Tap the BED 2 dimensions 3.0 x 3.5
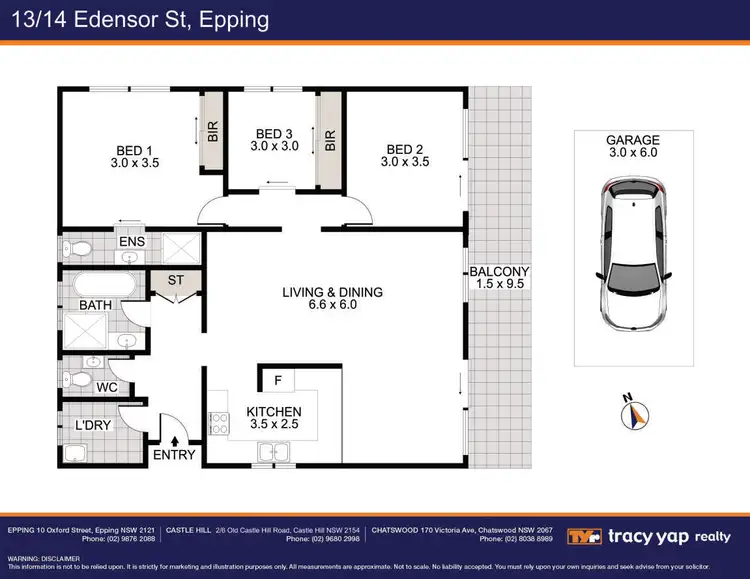tap(406, 163)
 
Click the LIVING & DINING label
tap(333, 292)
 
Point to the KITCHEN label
tap(274, 412)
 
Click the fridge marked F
tap(277, 381)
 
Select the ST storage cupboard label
tap(175, 280)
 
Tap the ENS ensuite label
tap(132, 242)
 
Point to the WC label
tap(108, 386)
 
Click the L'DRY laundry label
tap(93, 425)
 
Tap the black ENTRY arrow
tap(176, 439)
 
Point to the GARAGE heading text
tap(632, 142)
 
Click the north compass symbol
tap(635, 413)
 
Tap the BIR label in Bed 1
tap(212, 131)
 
